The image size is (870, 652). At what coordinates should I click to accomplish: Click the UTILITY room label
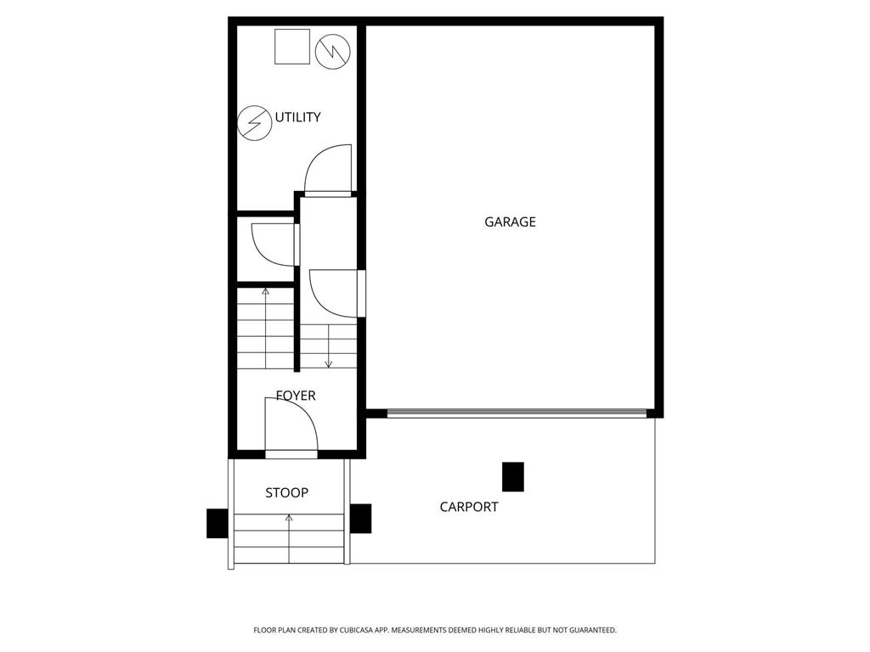tap(297, 117)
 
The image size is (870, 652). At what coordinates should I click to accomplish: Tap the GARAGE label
tap(510, 222)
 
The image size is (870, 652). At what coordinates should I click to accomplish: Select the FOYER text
tap(296, 396)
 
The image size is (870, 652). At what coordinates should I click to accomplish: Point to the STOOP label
tap(286, 492)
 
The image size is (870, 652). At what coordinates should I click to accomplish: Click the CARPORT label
tap(469, 508)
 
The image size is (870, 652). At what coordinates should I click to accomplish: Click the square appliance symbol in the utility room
tap(292, 47)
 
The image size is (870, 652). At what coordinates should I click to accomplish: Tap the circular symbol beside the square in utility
tap(332, 52)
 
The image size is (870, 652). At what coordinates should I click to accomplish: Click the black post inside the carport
tap(513, 476)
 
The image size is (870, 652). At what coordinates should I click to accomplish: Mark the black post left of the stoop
tap(217, 523)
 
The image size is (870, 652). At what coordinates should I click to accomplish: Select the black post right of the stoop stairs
tap(360, 519)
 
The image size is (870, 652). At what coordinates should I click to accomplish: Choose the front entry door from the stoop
tap(291, 429)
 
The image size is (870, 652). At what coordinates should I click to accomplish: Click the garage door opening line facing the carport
tap(516, 413)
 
